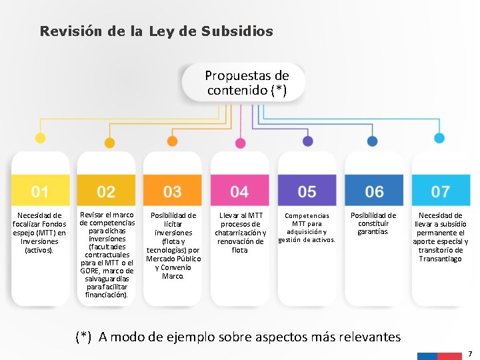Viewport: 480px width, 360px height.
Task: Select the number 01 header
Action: (x=40, y=192)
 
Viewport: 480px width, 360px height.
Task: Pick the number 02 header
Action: (x=106, y=192)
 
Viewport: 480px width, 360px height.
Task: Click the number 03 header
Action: (x=173, y=192)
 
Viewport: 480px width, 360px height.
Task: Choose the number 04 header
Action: (x=239, y=192)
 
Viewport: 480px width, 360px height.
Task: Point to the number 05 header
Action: (x=307, y=192)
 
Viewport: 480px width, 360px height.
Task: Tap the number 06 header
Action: (x=374, y=192)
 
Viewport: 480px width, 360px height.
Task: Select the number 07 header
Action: (x=440, y=192)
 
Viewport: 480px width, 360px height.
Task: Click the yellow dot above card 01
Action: (x=40, y=139)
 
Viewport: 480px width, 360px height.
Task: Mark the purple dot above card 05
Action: (x=307, y=141)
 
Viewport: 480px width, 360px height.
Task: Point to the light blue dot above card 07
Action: (x=439, y=138)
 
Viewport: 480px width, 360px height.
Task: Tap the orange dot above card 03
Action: (x=173, y=141)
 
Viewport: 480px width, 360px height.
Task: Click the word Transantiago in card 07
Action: (x=440, y=259)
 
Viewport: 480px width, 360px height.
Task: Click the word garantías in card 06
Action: (x=373, y=232)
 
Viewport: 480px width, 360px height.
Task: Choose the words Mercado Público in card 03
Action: (x=173, y=259)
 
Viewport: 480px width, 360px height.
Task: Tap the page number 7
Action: (x=470, y=353)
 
